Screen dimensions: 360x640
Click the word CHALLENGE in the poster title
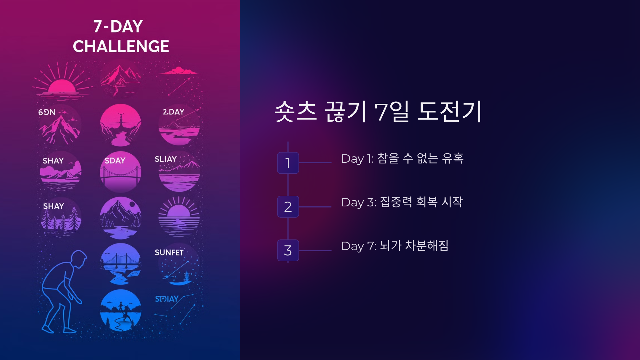click(121, 46)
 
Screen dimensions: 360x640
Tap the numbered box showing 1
click(288, 163)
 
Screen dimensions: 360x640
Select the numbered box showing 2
click(288, 207)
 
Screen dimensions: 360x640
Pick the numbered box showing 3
click(288, 250)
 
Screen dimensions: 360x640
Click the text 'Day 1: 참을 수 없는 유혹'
click(402, 159)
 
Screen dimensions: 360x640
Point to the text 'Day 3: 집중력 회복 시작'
click(402, 202)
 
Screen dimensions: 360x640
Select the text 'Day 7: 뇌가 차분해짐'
click(395, 246)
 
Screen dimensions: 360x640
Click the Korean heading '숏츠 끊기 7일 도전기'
click(378, 112)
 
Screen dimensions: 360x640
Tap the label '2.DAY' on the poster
click(173, 112)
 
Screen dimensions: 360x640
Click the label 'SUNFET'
click(169, 253)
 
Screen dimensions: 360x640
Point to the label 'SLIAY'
click(166, 159)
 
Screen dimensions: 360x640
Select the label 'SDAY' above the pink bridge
click(115, 161)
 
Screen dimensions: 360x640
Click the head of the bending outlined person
click(79, 259)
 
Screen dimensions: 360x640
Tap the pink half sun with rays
click(62, 86)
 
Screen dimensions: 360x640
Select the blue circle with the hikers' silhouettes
click(121, 310)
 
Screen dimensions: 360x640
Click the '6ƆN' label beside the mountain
click(47, 112)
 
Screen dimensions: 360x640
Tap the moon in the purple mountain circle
click(132, 204)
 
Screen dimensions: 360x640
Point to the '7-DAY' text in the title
click(118, 27)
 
